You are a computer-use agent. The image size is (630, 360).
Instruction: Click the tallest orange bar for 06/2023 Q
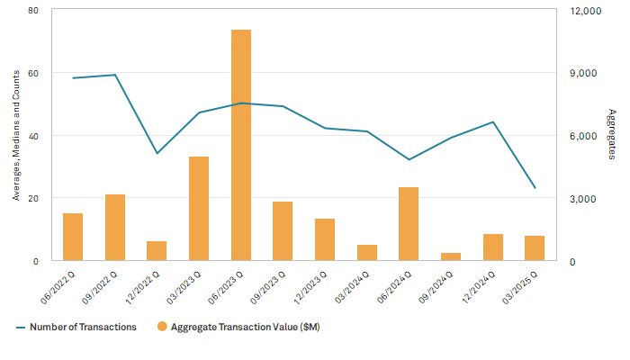[x=241, y=145]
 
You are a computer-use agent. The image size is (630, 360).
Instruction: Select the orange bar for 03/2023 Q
[x=199, y=209]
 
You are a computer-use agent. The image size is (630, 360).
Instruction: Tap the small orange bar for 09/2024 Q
[x=451, y=256]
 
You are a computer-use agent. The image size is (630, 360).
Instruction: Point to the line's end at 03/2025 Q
[x=535, y=188]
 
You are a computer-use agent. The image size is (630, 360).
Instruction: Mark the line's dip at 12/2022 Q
[x=157, y=153]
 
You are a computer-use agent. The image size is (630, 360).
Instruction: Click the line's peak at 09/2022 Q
[x=115, y=75]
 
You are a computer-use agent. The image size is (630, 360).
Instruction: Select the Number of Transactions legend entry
[x=76, y=327]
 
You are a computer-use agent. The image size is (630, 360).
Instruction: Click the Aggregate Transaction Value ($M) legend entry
[x=238, y=327]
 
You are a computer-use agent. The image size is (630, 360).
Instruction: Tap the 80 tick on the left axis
[x=33, y=11]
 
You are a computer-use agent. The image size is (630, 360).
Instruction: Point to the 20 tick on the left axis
[x=33, y=198]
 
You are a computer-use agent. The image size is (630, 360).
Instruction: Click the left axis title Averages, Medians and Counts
[x=16, y=135]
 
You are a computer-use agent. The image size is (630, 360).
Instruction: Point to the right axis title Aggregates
[x=612, y=135]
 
